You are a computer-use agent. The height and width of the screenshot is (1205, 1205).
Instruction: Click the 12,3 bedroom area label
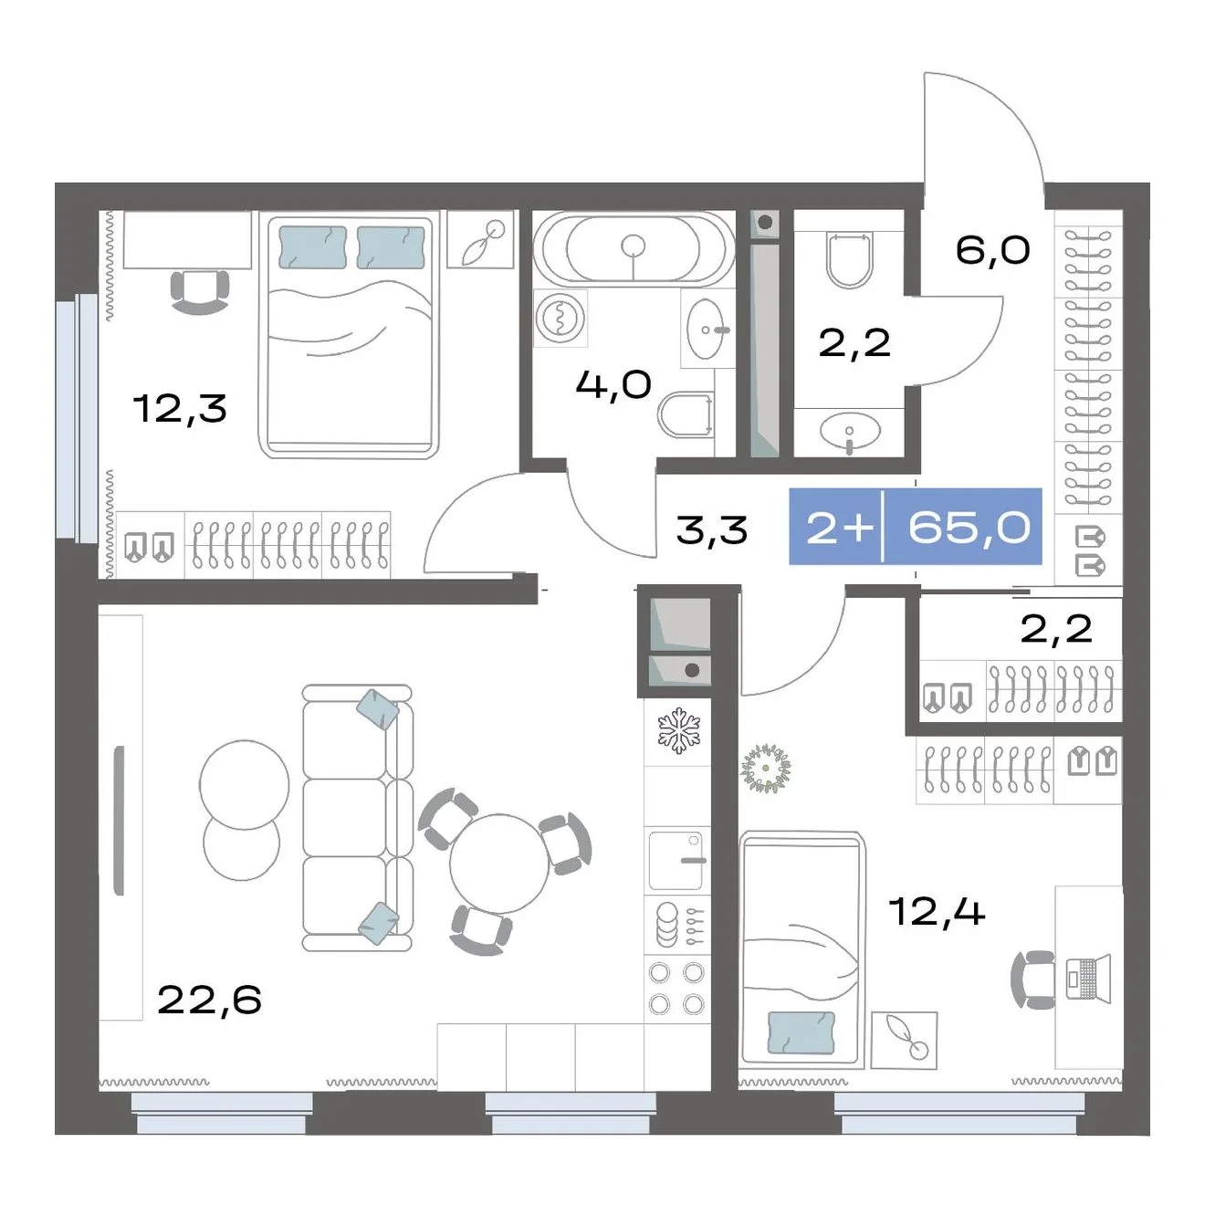pos(180,408)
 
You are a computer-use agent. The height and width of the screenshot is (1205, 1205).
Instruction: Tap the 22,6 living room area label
pos(209,1000)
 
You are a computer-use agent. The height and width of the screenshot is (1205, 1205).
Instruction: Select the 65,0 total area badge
pos(969,527)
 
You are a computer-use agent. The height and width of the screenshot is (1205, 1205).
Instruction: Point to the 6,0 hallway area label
pos(992,250)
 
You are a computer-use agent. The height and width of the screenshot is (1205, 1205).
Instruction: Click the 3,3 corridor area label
pos(712,530)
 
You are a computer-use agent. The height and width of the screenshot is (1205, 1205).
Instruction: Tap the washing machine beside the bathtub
pos(561,318)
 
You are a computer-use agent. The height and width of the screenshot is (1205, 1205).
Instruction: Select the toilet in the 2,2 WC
pos(849,259)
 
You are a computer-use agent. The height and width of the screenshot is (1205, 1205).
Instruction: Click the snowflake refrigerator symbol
pos(678,732)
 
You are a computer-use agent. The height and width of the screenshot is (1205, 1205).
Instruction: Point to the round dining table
pos(499,863)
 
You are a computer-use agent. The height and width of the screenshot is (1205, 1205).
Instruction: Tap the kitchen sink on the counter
pos(677,861)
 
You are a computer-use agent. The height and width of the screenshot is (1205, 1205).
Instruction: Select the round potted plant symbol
pos(765,769)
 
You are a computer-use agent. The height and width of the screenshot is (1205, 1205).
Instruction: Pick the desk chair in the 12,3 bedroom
pos(200,292)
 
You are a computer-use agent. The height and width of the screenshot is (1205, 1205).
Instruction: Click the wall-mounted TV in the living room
pos(119,821)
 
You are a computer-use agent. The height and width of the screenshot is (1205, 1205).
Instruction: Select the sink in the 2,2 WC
pos(850,431)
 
